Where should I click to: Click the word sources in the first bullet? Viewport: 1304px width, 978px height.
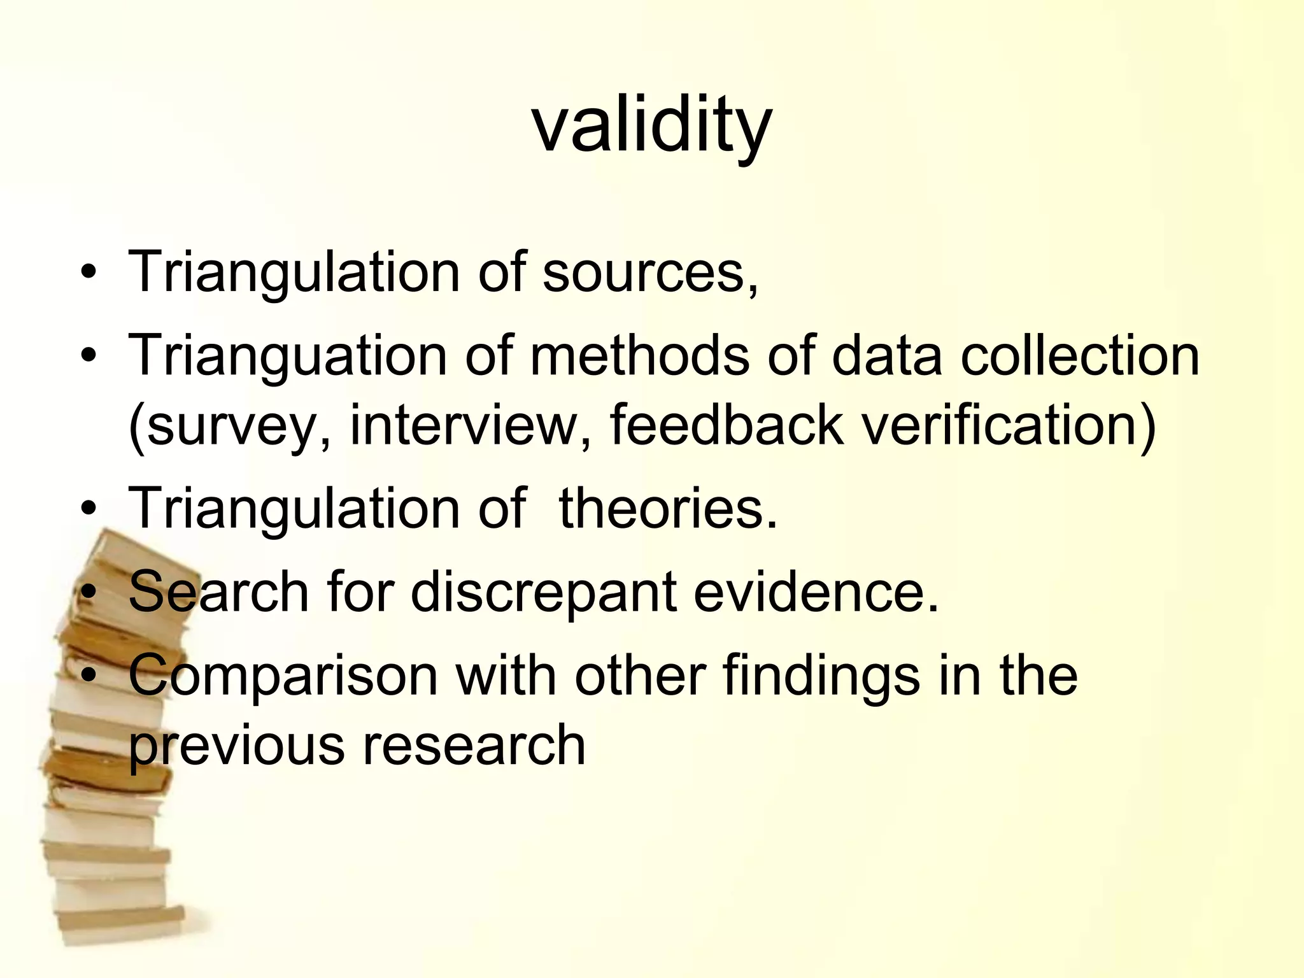click(643, 273)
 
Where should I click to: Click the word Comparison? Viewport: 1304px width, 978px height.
click(283, 676)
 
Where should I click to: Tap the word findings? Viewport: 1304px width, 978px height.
click(821, 676)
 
